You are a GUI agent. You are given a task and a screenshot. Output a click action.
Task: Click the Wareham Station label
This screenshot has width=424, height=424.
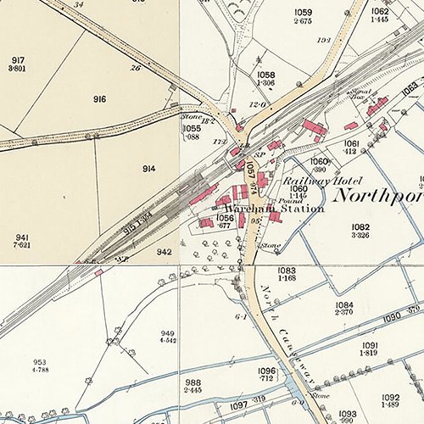pos(274,208)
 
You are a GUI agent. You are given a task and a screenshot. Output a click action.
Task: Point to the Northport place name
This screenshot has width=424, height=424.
pos(377,195)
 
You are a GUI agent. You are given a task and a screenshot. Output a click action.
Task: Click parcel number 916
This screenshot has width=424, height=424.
pos(100,99)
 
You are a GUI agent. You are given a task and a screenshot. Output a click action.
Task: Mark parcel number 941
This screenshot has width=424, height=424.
pos(22,237)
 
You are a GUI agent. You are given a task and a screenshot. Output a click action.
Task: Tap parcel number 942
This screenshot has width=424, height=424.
pos(165,251)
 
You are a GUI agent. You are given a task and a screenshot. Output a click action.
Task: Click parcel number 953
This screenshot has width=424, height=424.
pos(41,361)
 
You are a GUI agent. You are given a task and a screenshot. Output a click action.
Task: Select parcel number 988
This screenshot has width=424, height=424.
pos(193,382)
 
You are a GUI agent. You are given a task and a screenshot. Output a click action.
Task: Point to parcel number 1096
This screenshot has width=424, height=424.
pos(267,371)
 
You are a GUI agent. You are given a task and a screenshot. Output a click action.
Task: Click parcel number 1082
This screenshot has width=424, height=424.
pos(360,227)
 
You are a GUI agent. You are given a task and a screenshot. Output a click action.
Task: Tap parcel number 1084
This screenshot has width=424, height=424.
pos(343,304)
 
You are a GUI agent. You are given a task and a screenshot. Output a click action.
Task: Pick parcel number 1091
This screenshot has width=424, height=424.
pos(370,345)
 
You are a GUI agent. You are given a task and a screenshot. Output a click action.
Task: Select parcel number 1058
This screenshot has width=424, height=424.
pos(266,75)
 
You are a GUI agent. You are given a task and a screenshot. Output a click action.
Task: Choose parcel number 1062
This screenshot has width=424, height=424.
pos(380,11)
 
